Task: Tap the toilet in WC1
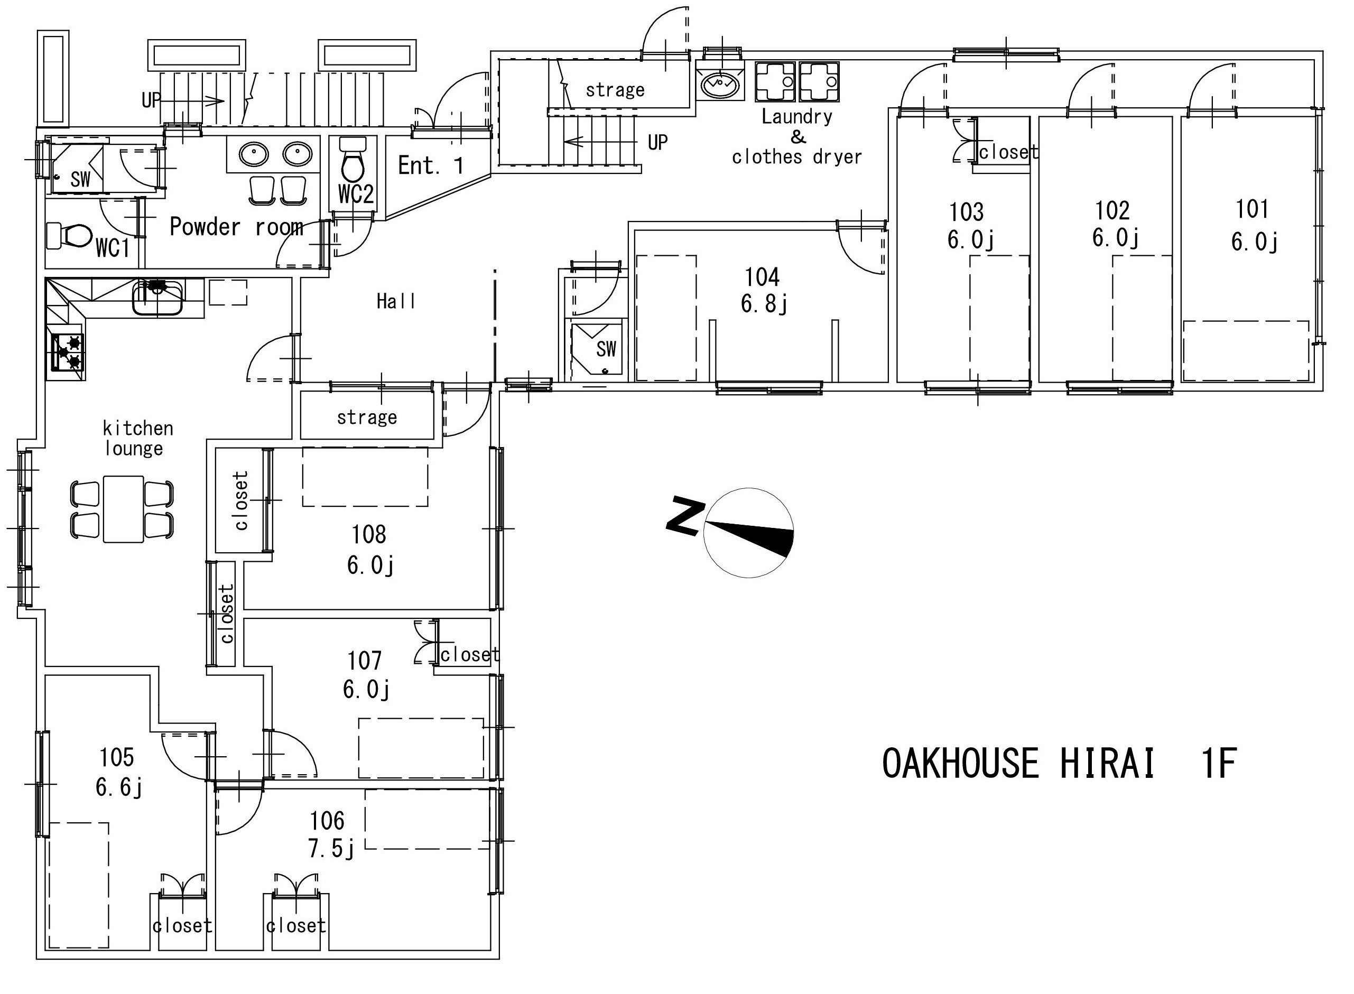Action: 69,236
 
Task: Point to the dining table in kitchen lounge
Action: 123,509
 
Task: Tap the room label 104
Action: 762,277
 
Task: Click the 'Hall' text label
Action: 396,301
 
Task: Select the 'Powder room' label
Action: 236,227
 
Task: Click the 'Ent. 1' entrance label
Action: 431,165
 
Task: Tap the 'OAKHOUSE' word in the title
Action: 960,763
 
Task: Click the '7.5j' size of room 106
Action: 331,849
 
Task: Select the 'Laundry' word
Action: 797,116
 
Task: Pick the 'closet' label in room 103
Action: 1008,152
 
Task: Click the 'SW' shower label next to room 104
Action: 606,349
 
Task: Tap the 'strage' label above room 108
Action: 367,417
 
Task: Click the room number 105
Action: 117,758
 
